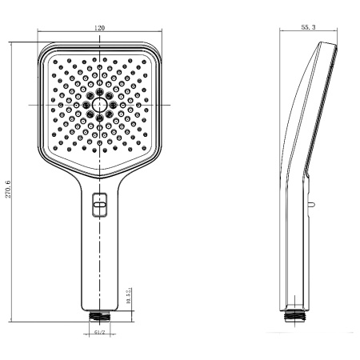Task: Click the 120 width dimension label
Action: pyautogui.click(x=99, y=29)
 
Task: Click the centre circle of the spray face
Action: pyautogui.click(x=99, y=105)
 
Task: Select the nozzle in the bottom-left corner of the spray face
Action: pyautogui.click(x=55, y=148)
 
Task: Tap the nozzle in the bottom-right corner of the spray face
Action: pyautogui.click(x=143, y=148)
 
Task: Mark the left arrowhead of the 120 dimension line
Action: pyautogui.click(x=39, y=34)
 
